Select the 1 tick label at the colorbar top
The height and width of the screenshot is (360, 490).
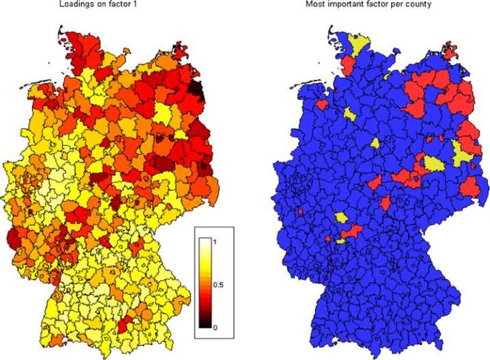point(215,243)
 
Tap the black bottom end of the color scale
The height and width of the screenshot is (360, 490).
point(205,326)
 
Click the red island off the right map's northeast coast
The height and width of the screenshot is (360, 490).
point(450,51)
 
